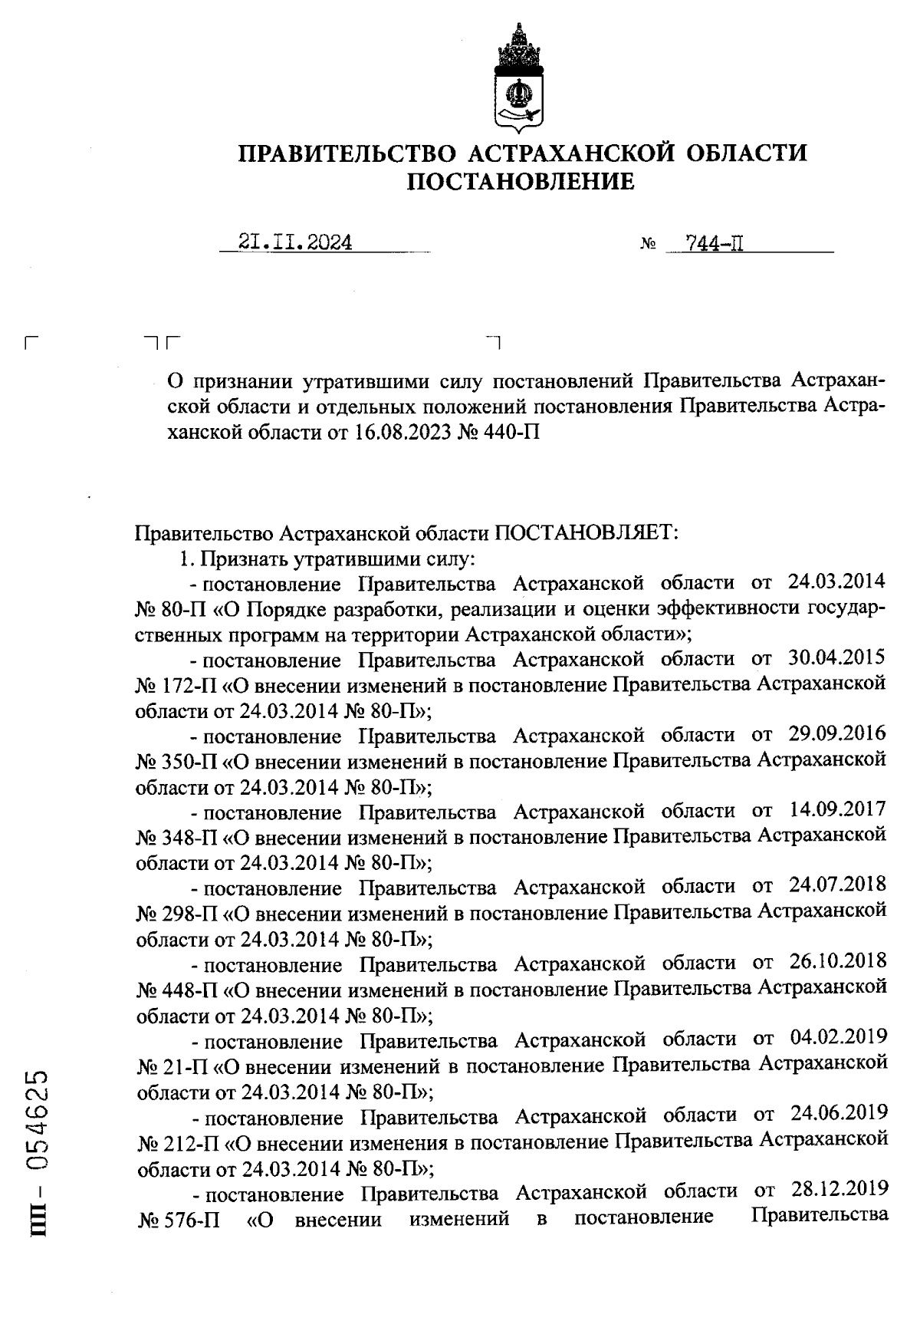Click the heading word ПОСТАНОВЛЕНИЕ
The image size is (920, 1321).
pyautogui.click(x=521, y=182)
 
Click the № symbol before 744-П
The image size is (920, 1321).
pyautogui.click(x=647, y=246)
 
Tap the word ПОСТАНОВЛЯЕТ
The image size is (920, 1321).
pyautogui.click(x=587, y=533)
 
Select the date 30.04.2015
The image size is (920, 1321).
pyautogui.click(x=836, y=659)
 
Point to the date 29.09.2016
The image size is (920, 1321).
pyautogui.click(x=836, y=735)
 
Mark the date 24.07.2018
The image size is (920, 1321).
pyautogui.click(x=836, y=887)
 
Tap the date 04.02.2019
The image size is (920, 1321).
pyautogui.click(x=838, y=1039)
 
